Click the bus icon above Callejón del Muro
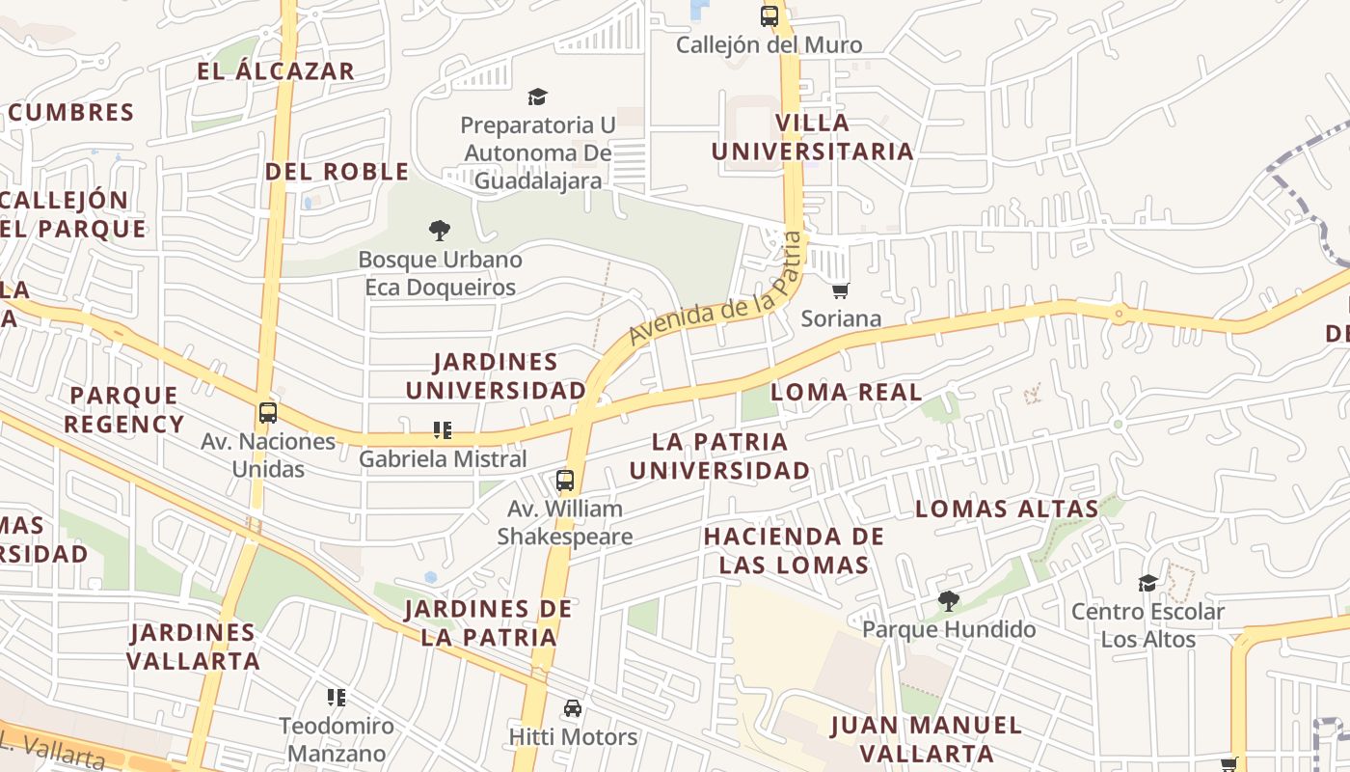coord(769,15)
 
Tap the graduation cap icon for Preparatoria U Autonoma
coord(537,96)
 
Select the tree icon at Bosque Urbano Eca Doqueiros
coord(440,231)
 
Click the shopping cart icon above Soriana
coord(840,290)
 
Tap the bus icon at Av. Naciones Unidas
coord(268,413)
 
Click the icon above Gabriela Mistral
coord(443,430)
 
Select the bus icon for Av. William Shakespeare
coord(565,481)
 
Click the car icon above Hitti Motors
coord(573,708)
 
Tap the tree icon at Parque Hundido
coord(949,601)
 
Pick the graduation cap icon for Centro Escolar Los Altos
coord(1147,583)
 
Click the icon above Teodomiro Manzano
coord(337,697)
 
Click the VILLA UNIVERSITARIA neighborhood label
coord(812,137)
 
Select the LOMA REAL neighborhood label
coord(847,393)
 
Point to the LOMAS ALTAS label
coord(1007,509)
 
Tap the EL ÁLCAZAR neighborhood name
coord(276,71)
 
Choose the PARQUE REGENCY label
coord(126,410)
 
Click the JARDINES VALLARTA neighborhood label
coord(193,647)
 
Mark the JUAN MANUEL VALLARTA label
coord(926,738)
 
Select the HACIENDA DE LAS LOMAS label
coord(794,550)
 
